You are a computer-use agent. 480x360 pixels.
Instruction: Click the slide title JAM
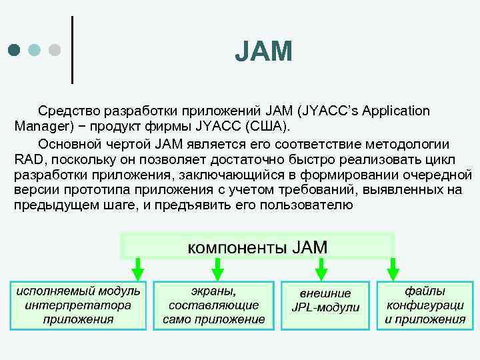(x=263, y=51)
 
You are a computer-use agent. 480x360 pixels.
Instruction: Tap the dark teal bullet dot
(x=15, y=50)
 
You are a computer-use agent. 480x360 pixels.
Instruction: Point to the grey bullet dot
(x=55, y=50)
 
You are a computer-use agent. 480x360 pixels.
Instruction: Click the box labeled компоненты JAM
(x=257, y=246)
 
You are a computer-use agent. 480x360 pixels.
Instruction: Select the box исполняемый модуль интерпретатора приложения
(x=78, y=305)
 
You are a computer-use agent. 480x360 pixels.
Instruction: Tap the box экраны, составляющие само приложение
(x=213, y=305)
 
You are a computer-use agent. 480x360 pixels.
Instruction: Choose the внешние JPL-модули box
(x=325, y=305)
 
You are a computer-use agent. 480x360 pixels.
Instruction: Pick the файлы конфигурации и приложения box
(x=425, y=305)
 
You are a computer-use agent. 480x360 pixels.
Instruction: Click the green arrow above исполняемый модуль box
(x=137, y=269)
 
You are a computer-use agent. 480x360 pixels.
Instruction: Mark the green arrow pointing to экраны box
(x=217, y=269)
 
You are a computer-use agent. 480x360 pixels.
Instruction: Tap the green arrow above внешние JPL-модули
(x=320, y=269)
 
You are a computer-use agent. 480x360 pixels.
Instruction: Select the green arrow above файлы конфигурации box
(x=393, y=269)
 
